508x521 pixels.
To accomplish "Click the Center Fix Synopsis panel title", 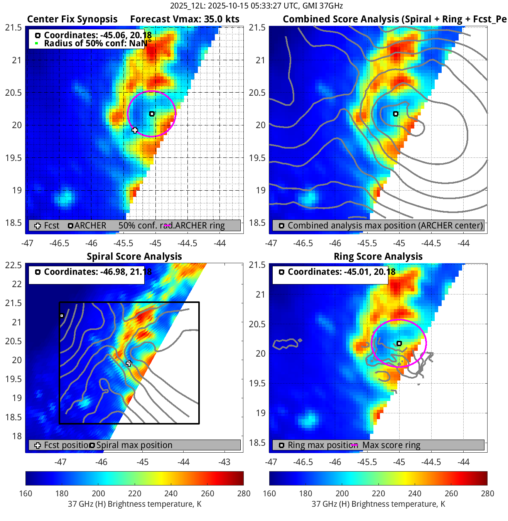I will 72,19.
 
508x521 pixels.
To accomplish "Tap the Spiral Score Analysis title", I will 134,257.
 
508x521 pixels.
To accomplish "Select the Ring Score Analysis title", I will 378,257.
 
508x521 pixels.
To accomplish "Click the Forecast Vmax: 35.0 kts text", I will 184,19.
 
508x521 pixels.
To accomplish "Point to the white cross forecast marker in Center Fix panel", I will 135,130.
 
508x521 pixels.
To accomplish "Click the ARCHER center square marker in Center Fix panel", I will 152,114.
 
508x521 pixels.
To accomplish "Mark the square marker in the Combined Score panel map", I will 396,114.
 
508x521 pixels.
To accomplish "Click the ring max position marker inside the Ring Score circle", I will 399,343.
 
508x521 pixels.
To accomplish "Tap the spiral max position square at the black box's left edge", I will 62,316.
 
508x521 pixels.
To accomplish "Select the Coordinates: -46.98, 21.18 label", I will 98,272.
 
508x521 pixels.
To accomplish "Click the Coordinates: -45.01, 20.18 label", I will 341,272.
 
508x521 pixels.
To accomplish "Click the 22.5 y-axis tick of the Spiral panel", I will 14,265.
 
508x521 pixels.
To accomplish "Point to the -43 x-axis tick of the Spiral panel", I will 224,462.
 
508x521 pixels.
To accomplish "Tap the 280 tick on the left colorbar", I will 244,493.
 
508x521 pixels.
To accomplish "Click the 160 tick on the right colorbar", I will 269,493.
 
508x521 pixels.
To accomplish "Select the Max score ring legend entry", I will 391,445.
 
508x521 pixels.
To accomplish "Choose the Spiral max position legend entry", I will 134,445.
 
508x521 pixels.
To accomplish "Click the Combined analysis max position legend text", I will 385,225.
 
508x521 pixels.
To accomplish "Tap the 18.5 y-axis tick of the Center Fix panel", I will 14,223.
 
